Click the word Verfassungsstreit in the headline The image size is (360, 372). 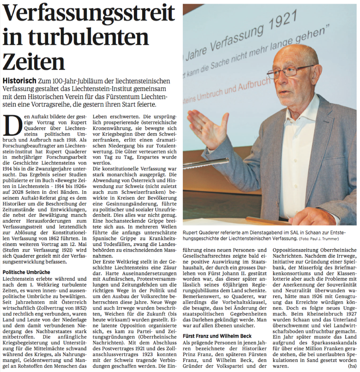coord(89,14)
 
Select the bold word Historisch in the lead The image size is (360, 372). coord(19,81)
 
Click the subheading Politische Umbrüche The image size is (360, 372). coord(26,272)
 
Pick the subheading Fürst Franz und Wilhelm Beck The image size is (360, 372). coord(217,336)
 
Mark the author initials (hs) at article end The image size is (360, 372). coord(352,366)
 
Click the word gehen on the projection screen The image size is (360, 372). coord(314,37)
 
